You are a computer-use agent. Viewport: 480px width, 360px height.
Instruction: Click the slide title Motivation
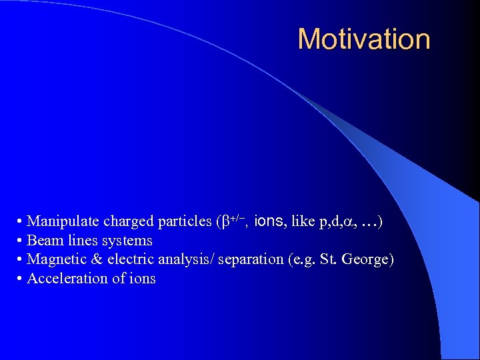pyautogui.click(x=364, y=39)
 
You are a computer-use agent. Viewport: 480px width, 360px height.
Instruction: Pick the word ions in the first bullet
pyautogui.click(x=269, y=221)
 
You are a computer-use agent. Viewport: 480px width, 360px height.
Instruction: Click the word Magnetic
pyautogui.click(x=55, y=259)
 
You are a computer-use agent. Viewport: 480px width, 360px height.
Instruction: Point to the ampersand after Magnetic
pyautogui.click(x=95, y=259)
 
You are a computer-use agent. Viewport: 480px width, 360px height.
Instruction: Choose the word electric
pyautogui.click(x=126, y=259)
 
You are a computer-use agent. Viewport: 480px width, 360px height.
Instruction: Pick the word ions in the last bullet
pyautogui.click(x=141, y=279)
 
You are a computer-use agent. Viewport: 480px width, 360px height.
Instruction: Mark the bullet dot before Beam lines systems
pyautogui.click(x=21, y=241)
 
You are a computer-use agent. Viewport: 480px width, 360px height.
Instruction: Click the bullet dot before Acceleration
pyautogui.click(x=21, y=279)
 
